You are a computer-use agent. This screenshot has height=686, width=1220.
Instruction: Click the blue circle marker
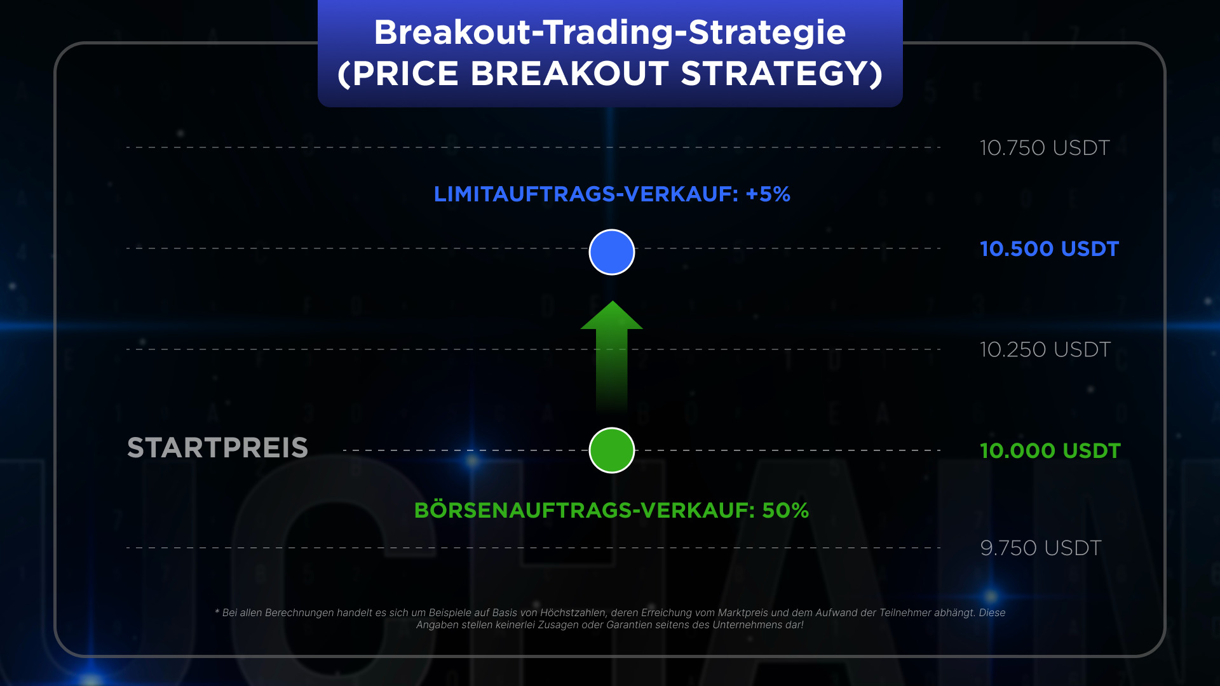612,252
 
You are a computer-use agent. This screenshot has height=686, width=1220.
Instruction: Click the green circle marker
612,450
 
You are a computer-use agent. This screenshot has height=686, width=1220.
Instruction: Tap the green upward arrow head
612,315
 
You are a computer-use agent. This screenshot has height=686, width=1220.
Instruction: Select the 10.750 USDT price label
1045,148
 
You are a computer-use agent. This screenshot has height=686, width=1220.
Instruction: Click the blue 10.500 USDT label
1049,249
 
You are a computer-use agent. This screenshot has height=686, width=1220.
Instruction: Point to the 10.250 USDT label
1045,350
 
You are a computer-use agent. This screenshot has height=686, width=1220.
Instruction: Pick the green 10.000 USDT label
1050,451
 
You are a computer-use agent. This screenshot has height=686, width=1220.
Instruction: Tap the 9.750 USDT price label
1041,548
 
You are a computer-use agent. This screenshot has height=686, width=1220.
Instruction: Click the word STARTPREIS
218,448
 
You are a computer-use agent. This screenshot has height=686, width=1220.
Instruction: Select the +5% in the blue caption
768,194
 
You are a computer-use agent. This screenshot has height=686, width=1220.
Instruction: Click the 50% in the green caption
785,511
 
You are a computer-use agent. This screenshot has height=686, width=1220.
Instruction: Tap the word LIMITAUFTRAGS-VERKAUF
586,194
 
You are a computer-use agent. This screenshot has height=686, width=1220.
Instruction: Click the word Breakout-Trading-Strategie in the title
610,32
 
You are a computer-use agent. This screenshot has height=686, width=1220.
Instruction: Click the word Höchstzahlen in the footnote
573,613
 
